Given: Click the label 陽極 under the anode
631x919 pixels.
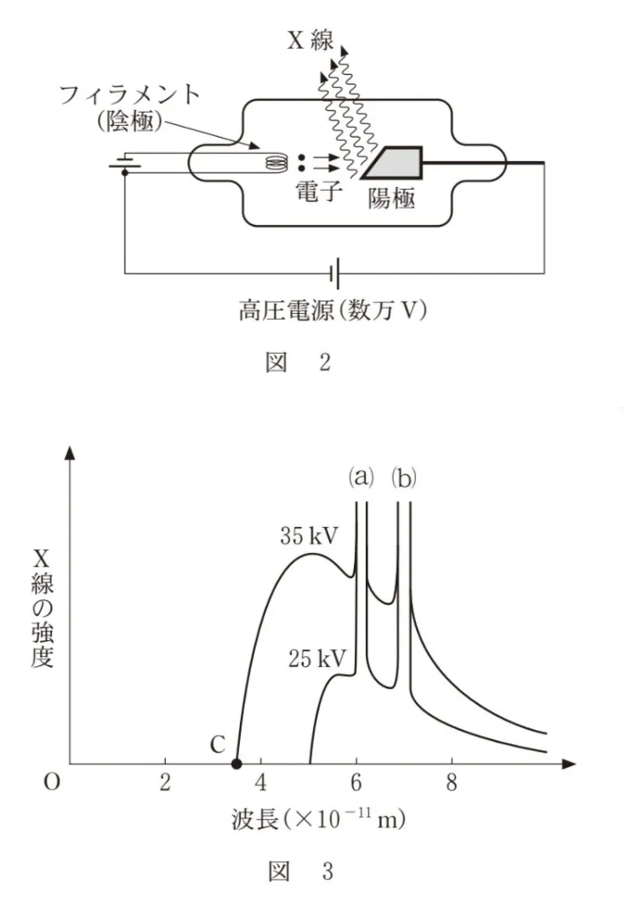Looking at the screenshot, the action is click(392, 199).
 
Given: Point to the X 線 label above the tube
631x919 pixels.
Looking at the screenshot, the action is click(310, 39).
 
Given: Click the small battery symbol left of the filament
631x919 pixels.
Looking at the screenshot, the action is click(125, 163).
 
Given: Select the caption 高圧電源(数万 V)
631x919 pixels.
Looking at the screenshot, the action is click(332, 309).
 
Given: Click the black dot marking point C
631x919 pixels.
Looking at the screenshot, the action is click(237, 764).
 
